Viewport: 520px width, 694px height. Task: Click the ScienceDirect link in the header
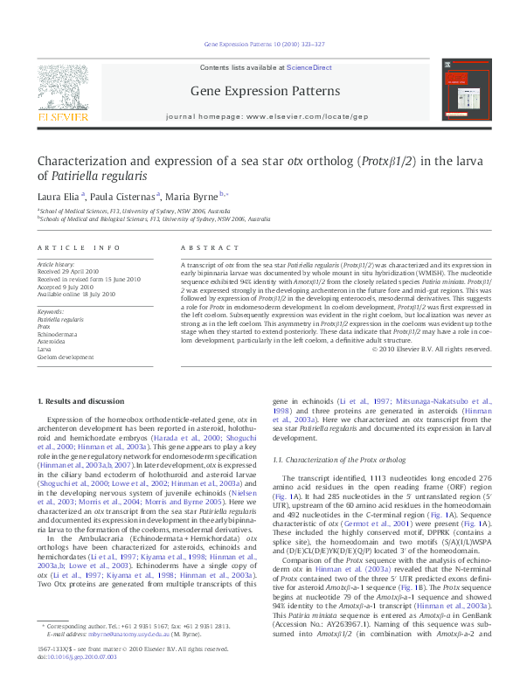pyautogui.click(x=309, y=67)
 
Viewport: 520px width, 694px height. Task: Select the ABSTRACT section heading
pyautogui.click(x=201, y=248)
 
